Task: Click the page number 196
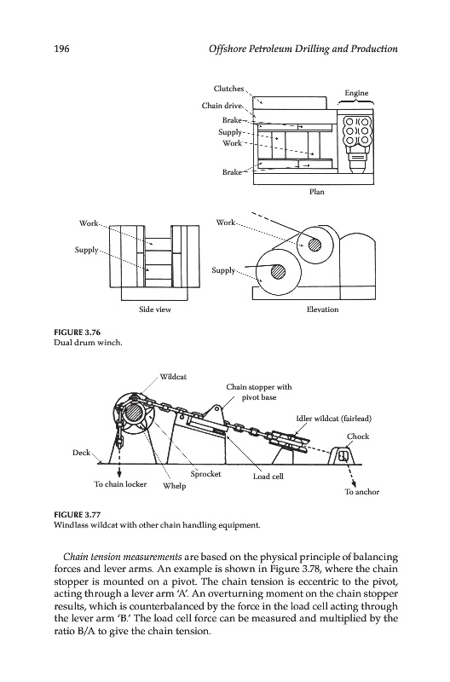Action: tap(61, 49)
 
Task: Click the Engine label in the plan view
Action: tap(356, 93)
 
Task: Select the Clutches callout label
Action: tap(228, 89)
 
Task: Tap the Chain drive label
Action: tap(222, 105)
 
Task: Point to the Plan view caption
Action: tap(316, 191)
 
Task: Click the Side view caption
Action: tap(155, 309)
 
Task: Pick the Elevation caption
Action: tap(322, 309)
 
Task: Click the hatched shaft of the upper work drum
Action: tap(314, 245)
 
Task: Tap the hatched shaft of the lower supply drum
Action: tap(277, 272)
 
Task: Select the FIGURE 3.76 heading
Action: tap(77, 332)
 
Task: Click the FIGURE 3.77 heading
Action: tap(77, 515)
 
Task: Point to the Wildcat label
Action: tap(173, 377)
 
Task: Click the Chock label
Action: tap(358, 436)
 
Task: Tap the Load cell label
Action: tap(268, 477)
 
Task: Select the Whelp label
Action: tap(175, 486)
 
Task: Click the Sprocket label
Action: tap(205, 474)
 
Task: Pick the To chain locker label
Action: tap(120, 483)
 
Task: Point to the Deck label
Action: tap(81, 453)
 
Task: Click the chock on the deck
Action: tap(343, 455)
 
